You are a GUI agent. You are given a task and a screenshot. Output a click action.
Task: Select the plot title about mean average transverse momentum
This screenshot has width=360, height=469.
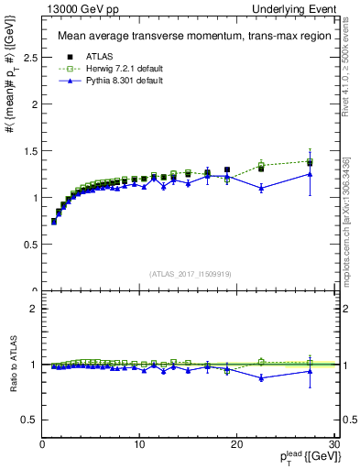pyautogui.click(x=182, y=37)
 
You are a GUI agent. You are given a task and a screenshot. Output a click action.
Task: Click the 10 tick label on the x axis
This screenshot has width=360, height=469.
pyautogui.click(x=138, y=444)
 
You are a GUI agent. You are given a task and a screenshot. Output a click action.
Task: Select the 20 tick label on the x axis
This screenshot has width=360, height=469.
pyautogui.click(x=236, y=444)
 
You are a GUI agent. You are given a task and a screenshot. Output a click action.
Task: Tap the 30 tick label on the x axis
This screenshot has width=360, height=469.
pyautogui.click(x=333, y=444)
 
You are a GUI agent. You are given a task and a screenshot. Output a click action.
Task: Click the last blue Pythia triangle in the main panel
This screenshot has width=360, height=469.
pyautogui.click(x=310, y=174)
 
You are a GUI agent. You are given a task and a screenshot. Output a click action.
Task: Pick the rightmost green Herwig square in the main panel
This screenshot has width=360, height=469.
pyautogui.click(x=310, y=161)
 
